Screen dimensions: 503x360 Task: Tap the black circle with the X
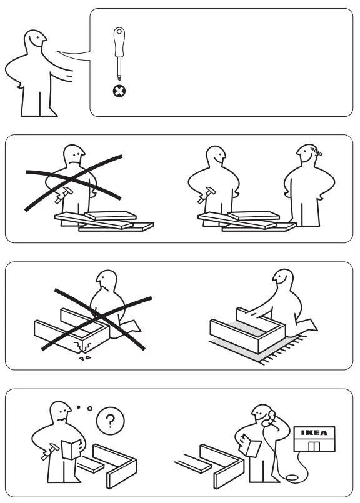[x=118, y=91]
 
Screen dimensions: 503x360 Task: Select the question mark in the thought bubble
[x=111, y=421]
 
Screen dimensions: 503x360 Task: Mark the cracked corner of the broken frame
[x=80, y=346]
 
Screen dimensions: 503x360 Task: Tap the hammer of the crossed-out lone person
[x=62, y=196]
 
